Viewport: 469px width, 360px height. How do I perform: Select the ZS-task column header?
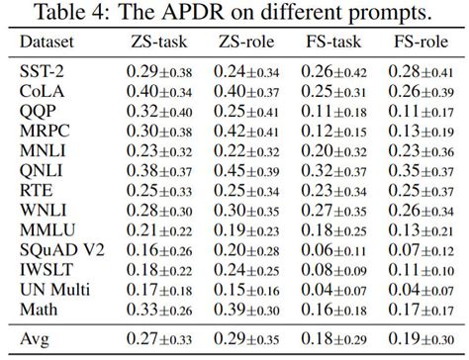pyautogui.click(x=157, y=45)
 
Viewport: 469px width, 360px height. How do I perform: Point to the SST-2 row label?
pyautogui.click(x=43, y=71)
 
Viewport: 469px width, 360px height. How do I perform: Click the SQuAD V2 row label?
pyautogui.click(x=59, y=250)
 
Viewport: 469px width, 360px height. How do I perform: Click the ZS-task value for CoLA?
pyautogui.click(x=158, y=91)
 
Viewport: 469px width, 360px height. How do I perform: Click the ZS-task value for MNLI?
pyautogui.click(x=158, y=150)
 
